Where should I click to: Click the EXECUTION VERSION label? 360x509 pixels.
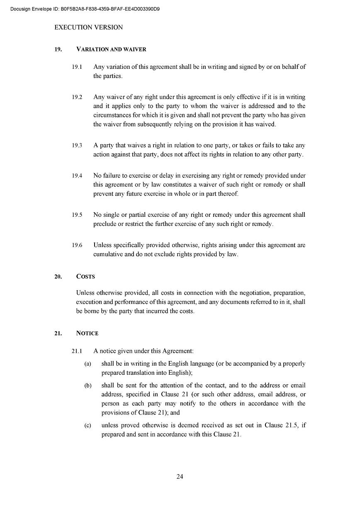88,27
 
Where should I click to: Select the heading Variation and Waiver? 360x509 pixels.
111,49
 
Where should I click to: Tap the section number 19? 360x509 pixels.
58,49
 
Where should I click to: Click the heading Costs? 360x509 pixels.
85,276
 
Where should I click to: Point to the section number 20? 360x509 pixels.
58,276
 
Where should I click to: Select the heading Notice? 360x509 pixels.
87,333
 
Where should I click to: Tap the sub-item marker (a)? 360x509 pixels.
88,364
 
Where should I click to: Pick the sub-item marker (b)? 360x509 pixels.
88,386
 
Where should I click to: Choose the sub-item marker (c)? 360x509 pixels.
88,426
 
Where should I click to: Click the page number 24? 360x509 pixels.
180,477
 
